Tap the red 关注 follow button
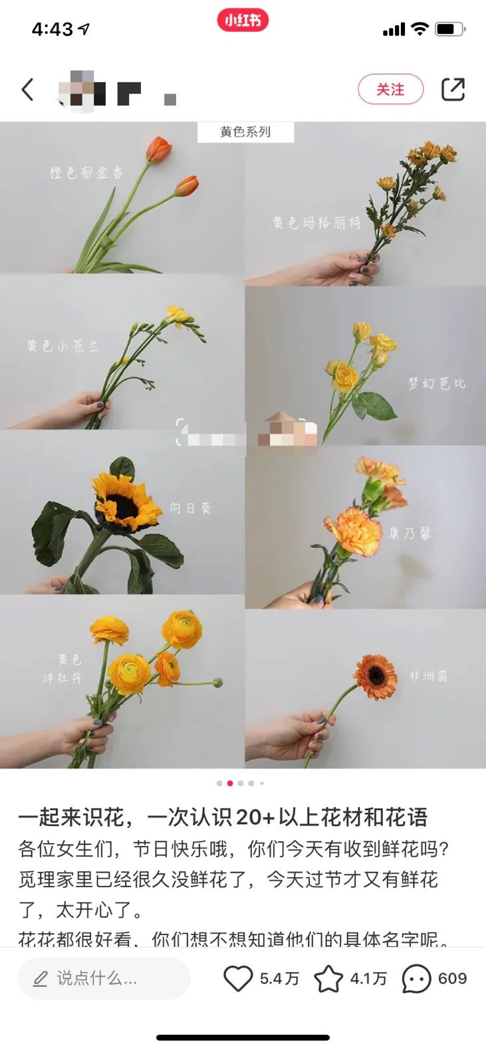tap(390, 90)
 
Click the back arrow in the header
tap(27, 89)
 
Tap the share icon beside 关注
tap(453, 90)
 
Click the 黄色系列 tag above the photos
tap(245, 131)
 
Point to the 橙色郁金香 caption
tap(86, 173)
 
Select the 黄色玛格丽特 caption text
tap(316, 222)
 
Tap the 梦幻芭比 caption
tap(437, 383)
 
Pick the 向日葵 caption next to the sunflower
tap(190, 508)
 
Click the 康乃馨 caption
tap(410, 533)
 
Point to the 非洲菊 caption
tap(428, 675)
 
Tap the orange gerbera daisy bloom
tap(375, 676)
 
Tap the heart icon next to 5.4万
tap(237, 978)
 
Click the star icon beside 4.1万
tap(328, 978)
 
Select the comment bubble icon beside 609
tap(416, 978)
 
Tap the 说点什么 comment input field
tap(103, 978)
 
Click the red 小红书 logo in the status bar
tap(243, 21)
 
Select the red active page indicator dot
tap(230, 783)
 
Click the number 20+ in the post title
tap(255, 817)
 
